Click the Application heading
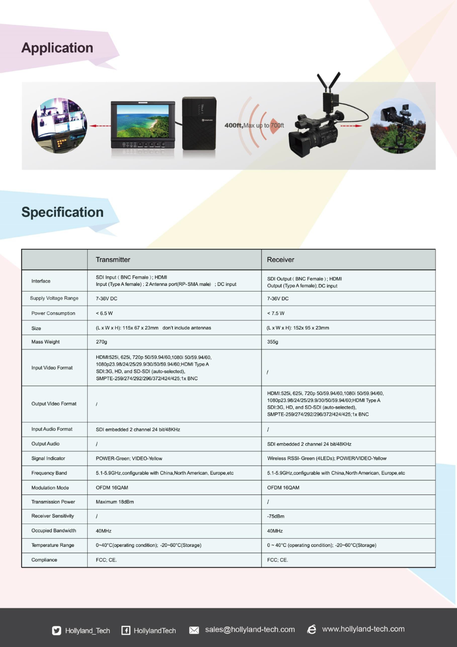(57, 48)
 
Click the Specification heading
(63, 212)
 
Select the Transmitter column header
(113, 259)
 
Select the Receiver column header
(281, 259)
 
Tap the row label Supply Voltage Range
(54, 298)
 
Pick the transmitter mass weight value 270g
(101, 342)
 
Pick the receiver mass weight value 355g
(273, 342)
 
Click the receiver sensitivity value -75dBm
(275, 516)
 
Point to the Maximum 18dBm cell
(115, 501)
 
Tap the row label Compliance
(44, 560)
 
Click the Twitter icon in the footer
(57, 630)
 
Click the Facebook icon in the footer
(126, 630)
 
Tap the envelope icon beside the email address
(195, 630)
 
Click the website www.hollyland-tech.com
(363, 629)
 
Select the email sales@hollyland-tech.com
(250, 630)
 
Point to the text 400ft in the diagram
(233, 125)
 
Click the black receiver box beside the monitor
(199, 122)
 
